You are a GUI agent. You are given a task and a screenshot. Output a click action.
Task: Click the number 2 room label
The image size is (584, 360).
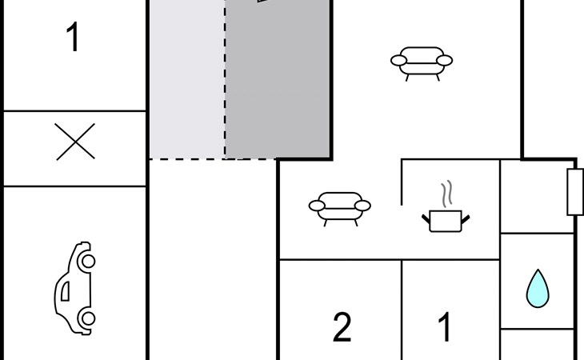(342, 328)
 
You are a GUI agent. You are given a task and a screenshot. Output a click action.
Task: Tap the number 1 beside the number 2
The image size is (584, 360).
(445, 328)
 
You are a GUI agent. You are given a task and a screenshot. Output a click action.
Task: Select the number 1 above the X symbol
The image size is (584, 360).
(73, 38)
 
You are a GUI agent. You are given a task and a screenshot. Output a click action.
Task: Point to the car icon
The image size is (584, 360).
(75, 288)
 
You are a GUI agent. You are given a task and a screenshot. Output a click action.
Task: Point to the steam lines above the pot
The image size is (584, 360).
(447, 194)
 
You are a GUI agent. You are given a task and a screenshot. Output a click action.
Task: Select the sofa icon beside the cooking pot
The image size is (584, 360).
(340, 206)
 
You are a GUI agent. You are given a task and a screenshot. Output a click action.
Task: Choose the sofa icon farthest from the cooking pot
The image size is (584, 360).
(421, 62)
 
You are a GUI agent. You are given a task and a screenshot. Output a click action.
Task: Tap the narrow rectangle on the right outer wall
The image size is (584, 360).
(574, 192)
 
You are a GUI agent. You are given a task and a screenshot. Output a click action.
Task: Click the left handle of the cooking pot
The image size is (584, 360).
(426, 216)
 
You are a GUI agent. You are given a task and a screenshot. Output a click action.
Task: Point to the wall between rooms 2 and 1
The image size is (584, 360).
(402, 312)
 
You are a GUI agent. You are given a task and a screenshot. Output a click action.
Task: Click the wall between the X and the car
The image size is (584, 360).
(75, 186)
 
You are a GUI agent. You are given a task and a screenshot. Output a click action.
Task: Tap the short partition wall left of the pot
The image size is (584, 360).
(402, 182)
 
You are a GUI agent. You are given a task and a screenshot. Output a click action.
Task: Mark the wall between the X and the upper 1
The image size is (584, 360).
(75, 111)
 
